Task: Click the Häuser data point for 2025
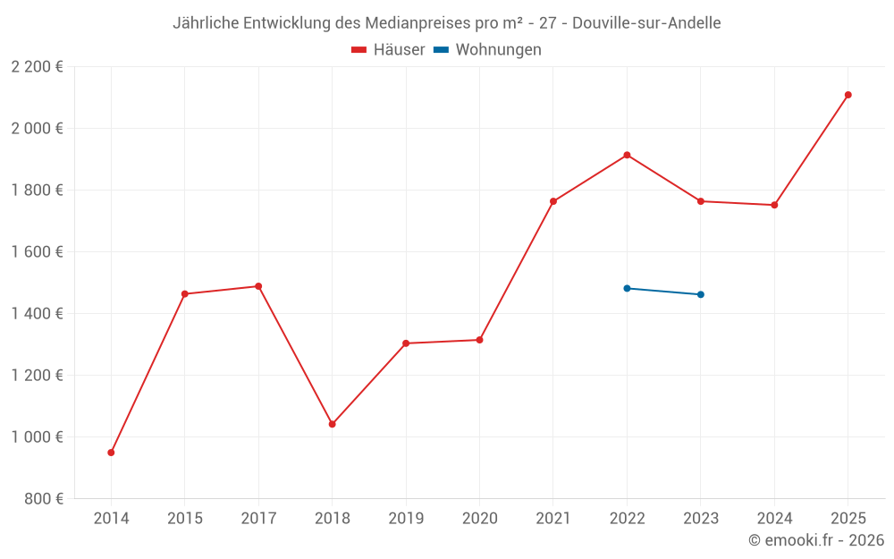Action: pyautogui.click(x=848, y=95)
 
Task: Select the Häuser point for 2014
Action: pyautogui.click(x=111, y=453)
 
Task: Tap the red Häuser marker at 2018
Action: pyautogui.click(x=332, y=424)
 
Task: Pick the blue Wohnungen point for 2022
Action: pyautogui.click(x=627, y=288)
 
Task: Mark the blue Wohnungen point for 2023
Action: pyautogui.click(x=700, y=294)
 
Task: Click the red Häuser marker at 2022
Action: pyautogui.click(x=627, y=155)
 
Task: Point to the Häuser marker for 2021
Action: pyautogui.click(x=553, y=201)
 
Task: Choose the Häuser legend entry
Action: pyautogui.click(x=388, y=50)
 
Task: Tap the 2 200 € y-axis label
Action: pyautogui.click(x=37, y=67)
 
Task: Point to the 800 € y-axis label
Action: pyautogui.click(x=44, y=499)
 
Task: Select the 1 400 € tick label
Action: pyautogui.click(x=37, y=314)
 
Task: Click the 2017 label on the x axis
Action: pyautogui.click(x=258, y=519)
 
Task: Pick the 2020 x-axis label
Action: pyautogui.click(x=479, y=519)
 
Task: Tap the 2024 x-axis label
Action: pyautogui.click(x=774, y=519)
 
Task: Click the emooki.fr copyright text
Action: pyautogui.click(x=815, y=540)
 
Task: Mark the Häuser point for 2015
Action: pyautogui.click(x=184, y=293)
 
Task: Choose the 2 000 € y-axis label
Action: pyautogui.click(x=37, y=129)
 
